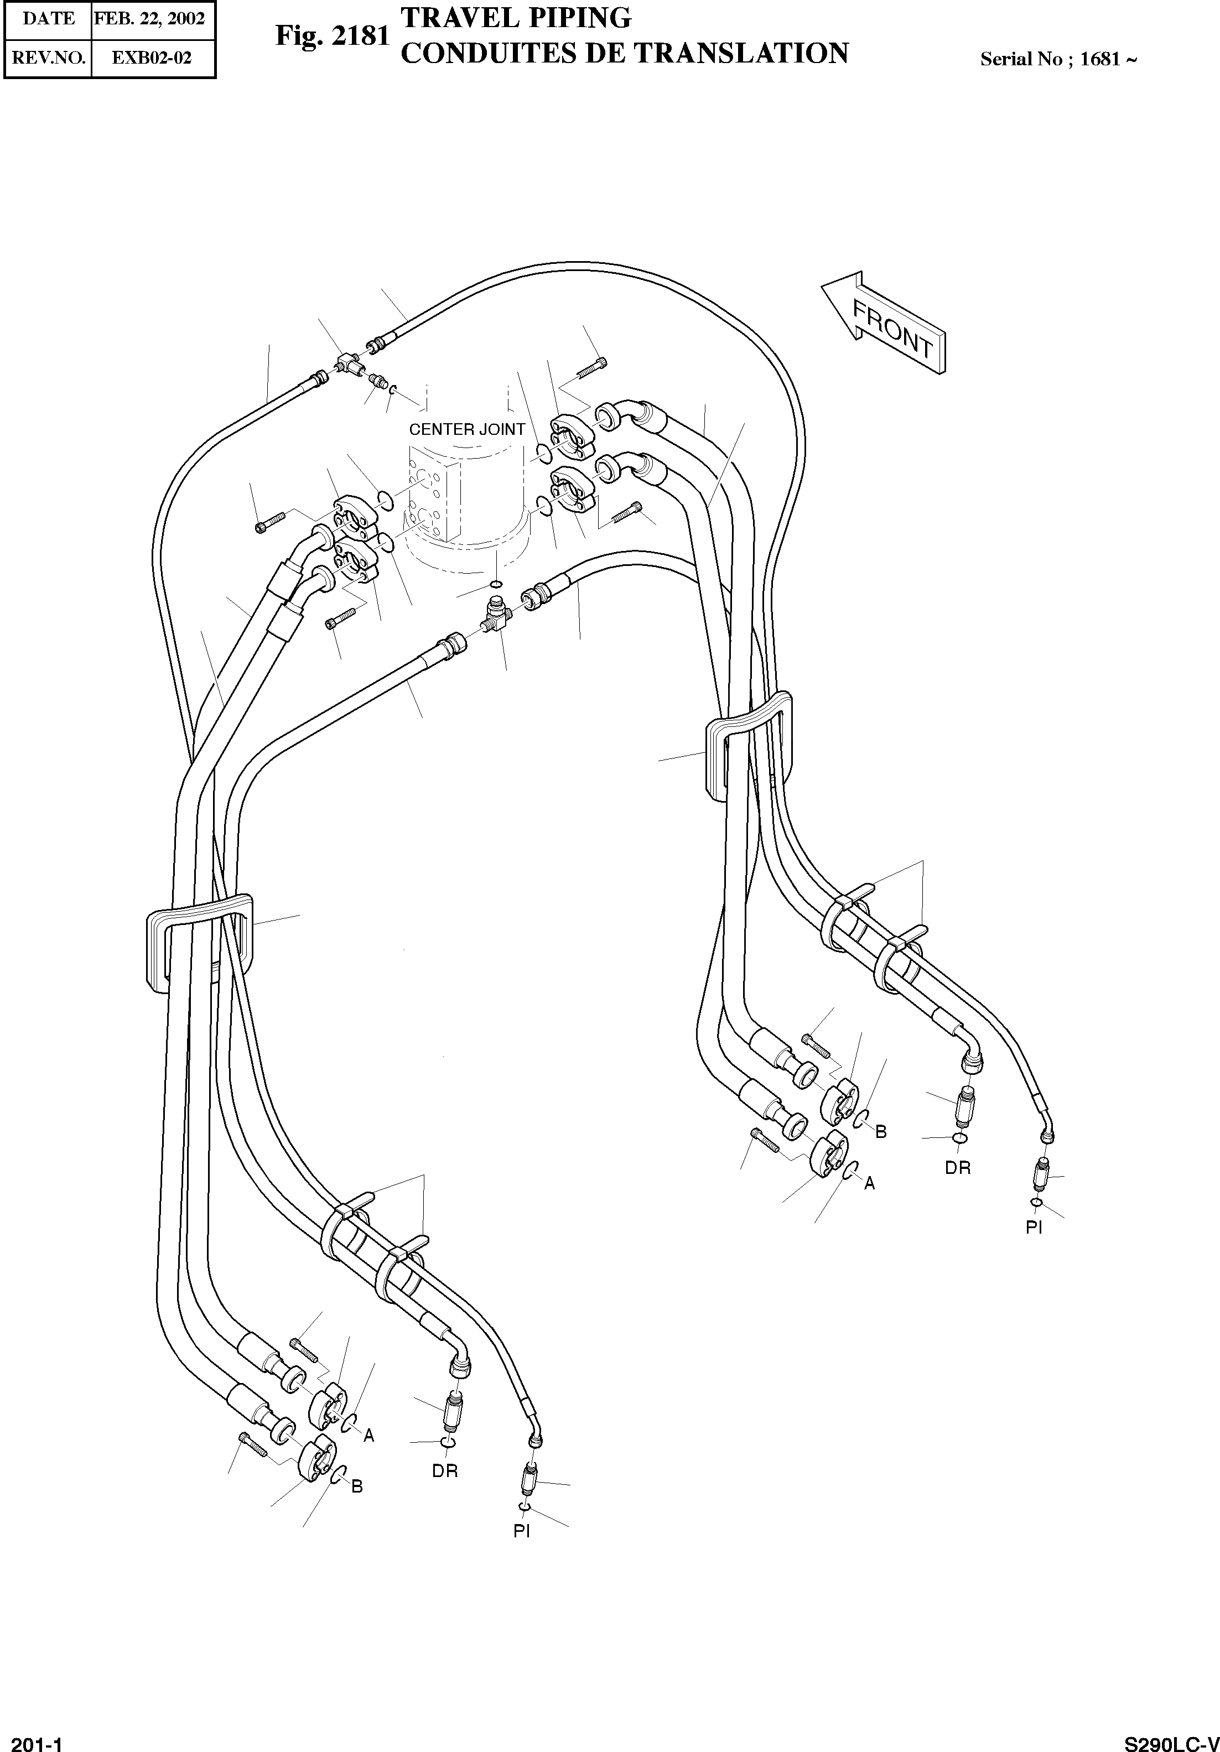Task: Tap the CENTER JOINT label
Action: [467, 430]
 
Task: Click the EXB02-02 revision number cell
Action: [152, 57]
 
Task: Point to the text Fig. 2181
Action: [333, 36]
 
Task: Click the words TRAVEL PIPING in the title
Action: [516, 17]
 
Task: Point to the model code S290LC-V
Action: [1172, 1743]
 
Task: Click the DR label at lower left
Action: [445, 1470]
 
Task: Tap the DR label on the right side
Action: [958, 1167]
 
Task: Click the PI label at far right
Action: [1035, 1227]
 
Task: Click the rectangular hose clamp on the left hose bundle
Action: [199, 943]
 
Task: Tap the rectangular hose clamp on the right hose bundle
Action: [747, 746]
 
